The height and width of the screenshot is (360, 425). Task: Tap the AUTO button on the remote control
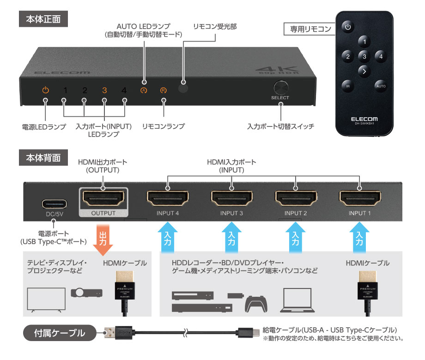pyautogui.click(x=381, y=86)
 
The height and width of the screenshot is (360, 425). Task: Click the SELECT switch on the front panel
pyautogui.click(x=280, y=88)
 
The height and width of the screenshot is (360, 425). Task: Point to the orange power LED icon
pyautogui.click(x=45, y=90)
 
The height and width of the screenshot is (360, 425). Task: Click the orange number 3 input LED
pyautogui.click(x=104, y=90)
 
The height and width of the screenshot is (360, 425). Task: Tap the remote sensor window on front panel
pyautogui.click(x=184, y=84)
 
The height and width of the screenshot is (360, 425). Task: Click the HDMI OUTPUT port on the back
pyautogui.click(x=103, y=199)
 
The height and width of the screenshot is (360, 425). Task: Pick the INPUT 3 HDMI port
pyautogui.click(x=231, y=199)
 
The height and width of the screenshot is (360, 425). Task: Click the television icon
pyautogui.click(x=45, y=299)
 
